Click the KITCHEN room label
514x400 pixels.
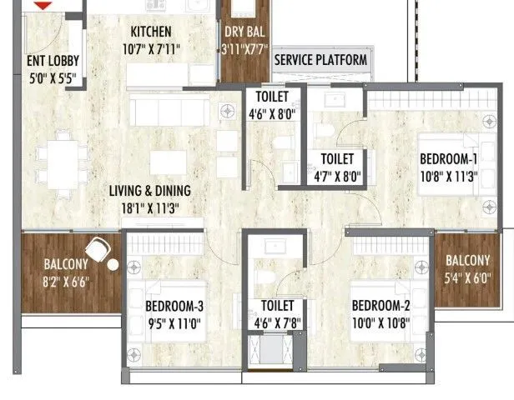[151, 32]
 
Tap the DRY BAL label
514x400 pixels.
[244, 32]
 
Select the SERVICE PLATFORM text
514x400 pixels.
[320, 60]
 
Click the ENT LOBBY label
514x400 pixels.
[48, 60]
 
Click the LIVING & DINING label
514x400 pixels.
[150, 191]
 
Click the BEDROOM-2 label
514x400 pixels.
[380, 304]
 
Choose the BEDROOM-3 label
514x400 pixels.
[174, 306]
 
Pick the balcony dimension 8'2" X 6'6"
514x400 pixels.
[66, 282]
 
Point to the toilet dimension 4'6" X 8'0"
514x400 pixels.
[272, 114]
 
